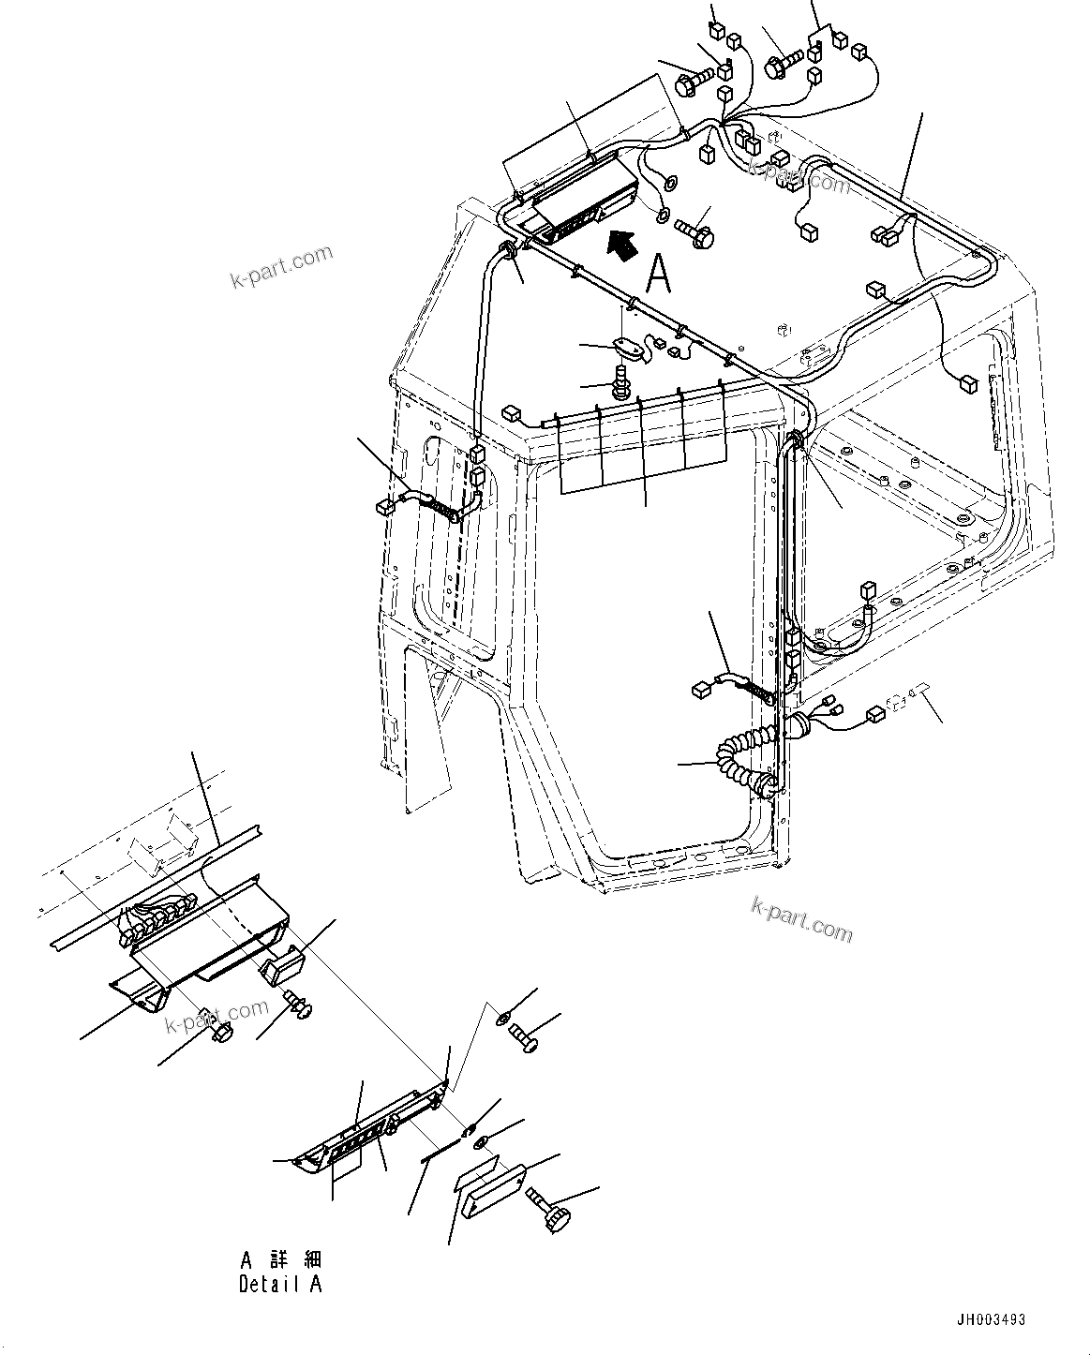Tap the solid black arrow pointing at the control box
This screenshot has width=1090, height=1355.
620,245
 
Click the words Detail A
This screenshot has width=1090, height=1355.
279,1285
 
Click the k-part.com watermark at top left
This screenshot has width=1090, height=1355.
281,267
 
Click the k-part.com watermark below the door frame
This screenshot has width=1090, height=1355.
801,918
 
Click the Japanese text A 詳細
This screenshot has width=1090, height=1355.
281,1258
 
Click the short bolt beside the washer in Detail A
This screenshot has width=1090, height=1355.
524,1038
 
